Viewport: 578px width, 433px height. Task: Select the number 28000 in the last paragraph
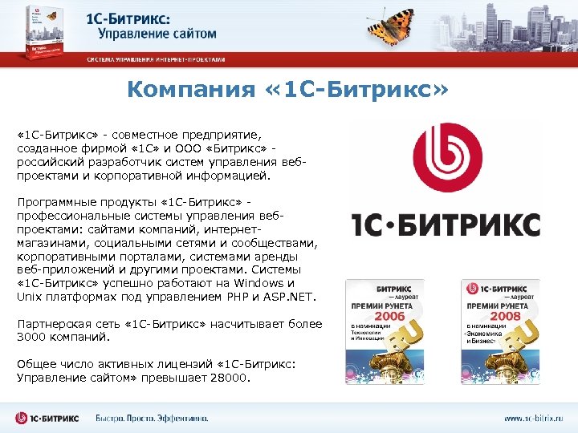coord(232,377)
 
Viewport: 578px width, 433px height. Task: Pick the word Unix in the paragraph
coord(28,297)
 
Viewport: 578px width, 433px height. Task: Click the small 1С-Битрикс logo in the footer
coord(48,418)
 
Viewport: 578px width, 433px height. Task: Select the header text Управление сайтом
coord(157,34)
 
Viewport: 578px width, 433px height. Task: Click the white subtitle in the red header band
coord(156,60)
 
